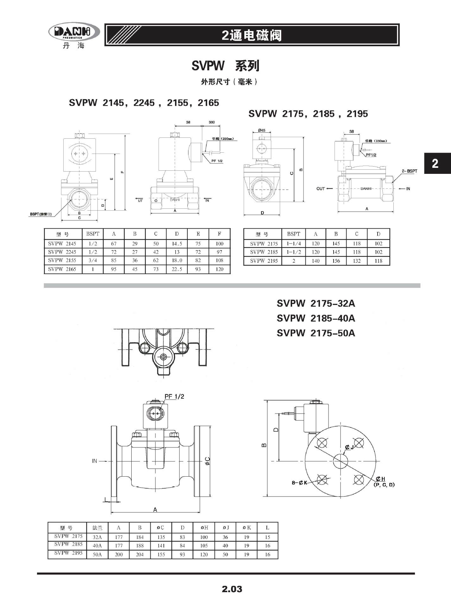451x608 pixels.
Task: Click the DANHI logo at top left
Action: click(74, 32)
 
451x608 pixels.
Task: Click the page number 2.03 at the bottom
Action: click(232, 589)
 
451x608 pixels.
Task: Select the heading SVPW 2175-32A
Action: click(316, 303)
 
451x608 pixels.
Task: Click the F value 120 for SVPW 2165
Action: click(219, 269)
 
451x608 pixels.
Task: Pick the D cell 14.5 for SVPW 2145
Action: click(177, 244)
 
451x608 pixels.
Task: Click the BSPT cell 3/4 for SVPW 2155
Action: click(92, 260)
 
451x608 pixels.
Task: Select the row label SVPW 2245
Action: click(62, 252)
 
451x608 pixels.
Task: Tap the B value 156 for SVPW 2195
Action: click(336, 261)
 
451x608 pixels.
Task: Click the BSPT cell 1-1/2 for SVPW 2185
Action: click(293, 252)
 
